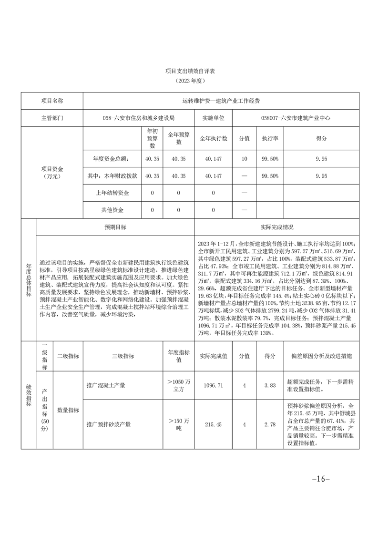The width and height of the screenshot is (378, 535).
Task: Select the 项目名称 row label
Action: pyautogui.click(x=52, y=101)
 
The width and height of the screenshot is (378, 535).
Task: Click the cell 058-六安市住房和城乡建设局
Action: pyautogui.click(x=139, y=117)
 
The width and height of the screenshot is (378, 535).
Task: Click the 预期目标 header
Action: pyautogui.click(x=115, y=227)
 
